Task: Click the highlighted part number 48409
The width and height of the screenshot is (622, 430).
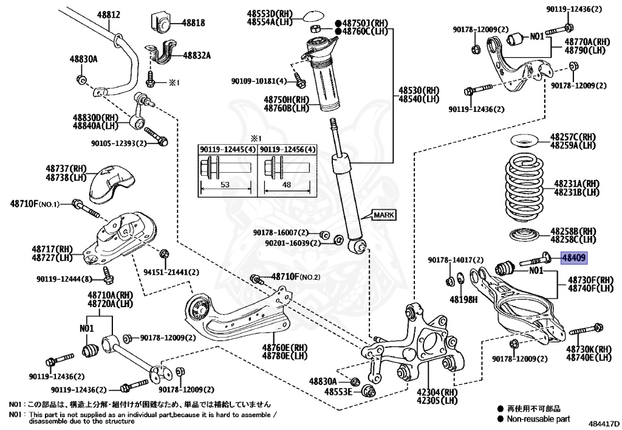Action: click(x=573, y=258)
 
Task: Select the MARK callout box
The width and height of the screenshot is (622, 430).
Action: click(x=383, y=215)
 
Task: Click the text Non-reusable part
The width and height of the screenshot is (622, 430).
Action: click(x=539, y=418)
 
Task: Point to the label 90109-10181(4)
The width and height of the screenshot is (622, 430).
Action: click(x=259, y=81)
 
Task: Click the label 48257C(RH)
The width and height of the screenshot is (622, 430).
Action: click(x=573, y=137)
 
